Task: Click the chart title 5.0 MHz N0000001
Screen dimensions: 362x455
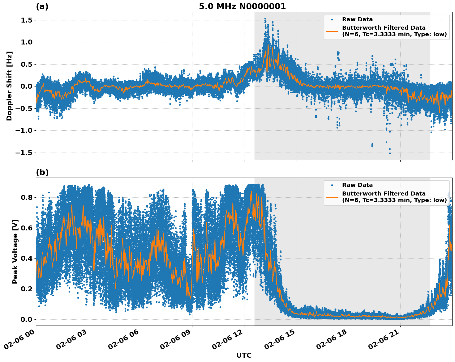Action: [x=242, y=6]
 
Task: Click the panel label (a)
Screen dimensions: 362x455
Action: [x=42, y=6]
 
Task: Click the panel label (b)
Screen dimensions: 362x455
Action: [x=42, y=172]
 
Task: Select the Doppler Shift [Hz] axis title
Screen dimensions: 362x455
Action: [x=9, y=86]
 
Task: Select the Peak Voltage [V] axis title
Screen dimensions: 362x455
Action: [x=15, y=251]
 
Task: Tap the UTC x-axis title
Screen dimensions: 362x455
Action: [x=244, y=355]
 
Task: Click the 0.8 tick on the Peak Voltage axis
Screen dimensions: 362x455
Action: [x=27, y=197]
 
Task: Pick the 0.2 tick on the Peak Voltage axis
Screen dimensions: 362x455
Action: [x=27, y=289]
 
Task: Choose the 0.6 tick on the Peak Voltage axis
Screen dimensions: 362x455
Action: [x=27, y=228]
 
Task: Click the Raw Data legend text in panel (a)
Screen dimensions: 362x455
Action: [x=357, y=19]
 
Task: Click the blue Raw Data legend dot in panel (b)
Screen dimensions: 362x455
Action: [x=332, y=185]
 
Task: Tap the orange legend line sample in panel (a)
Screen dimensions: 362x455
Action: [x=332, y=31]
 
